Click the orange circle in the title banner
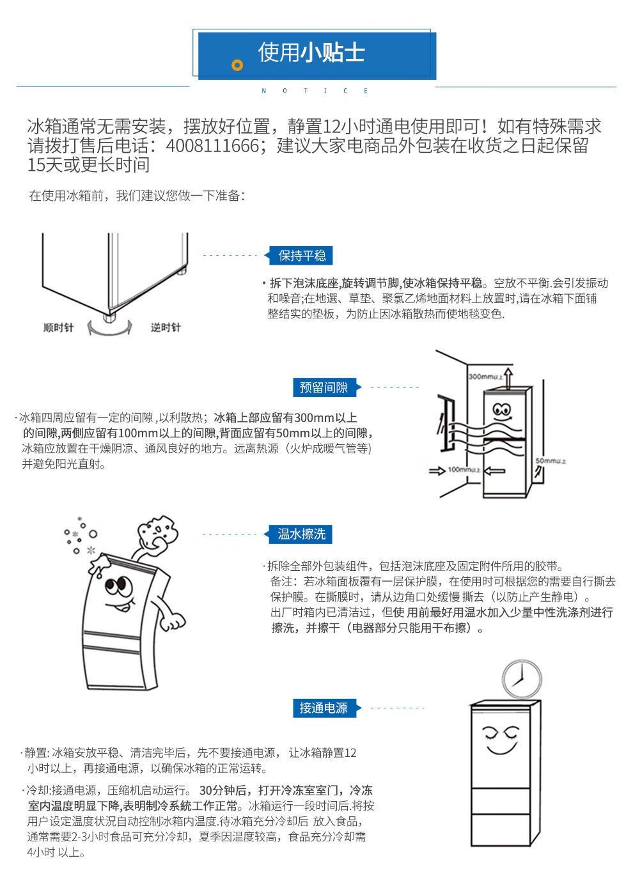tap(237, 65)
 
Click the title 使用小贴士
tap(311, 52)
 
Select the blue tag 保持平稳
tap(302, 256)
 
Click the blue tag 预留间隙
tap(324, 387)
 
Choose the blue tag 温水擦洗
tap(302, 534)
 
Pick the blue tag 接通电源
tap(324, 708)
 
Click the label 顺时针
tap(58, 328)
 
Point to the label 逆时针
tap(166, 328)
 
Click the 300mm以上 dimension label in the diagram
tap(483, 377)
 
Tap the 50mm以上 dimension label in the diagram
tap(551, 461)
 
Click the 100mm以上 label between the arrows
tap(464, 471)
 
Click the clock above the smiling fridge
tap(522, 679)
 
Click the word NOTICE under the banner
tap(315, 91)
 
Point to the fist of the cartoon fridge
tap(171, 623)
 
